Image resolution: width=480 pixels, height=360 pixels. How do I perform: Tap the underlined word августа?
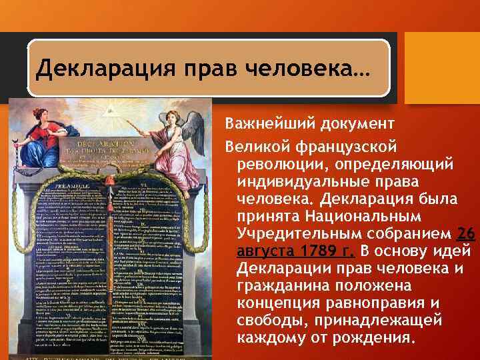263,251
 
